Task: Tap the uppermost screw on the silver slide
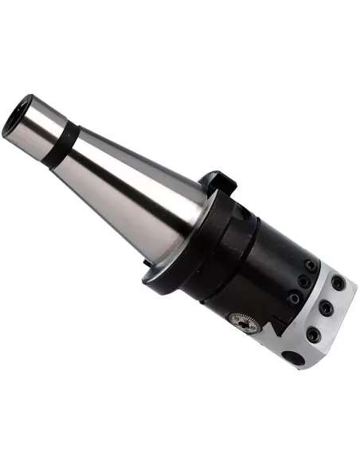point(339,283)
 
